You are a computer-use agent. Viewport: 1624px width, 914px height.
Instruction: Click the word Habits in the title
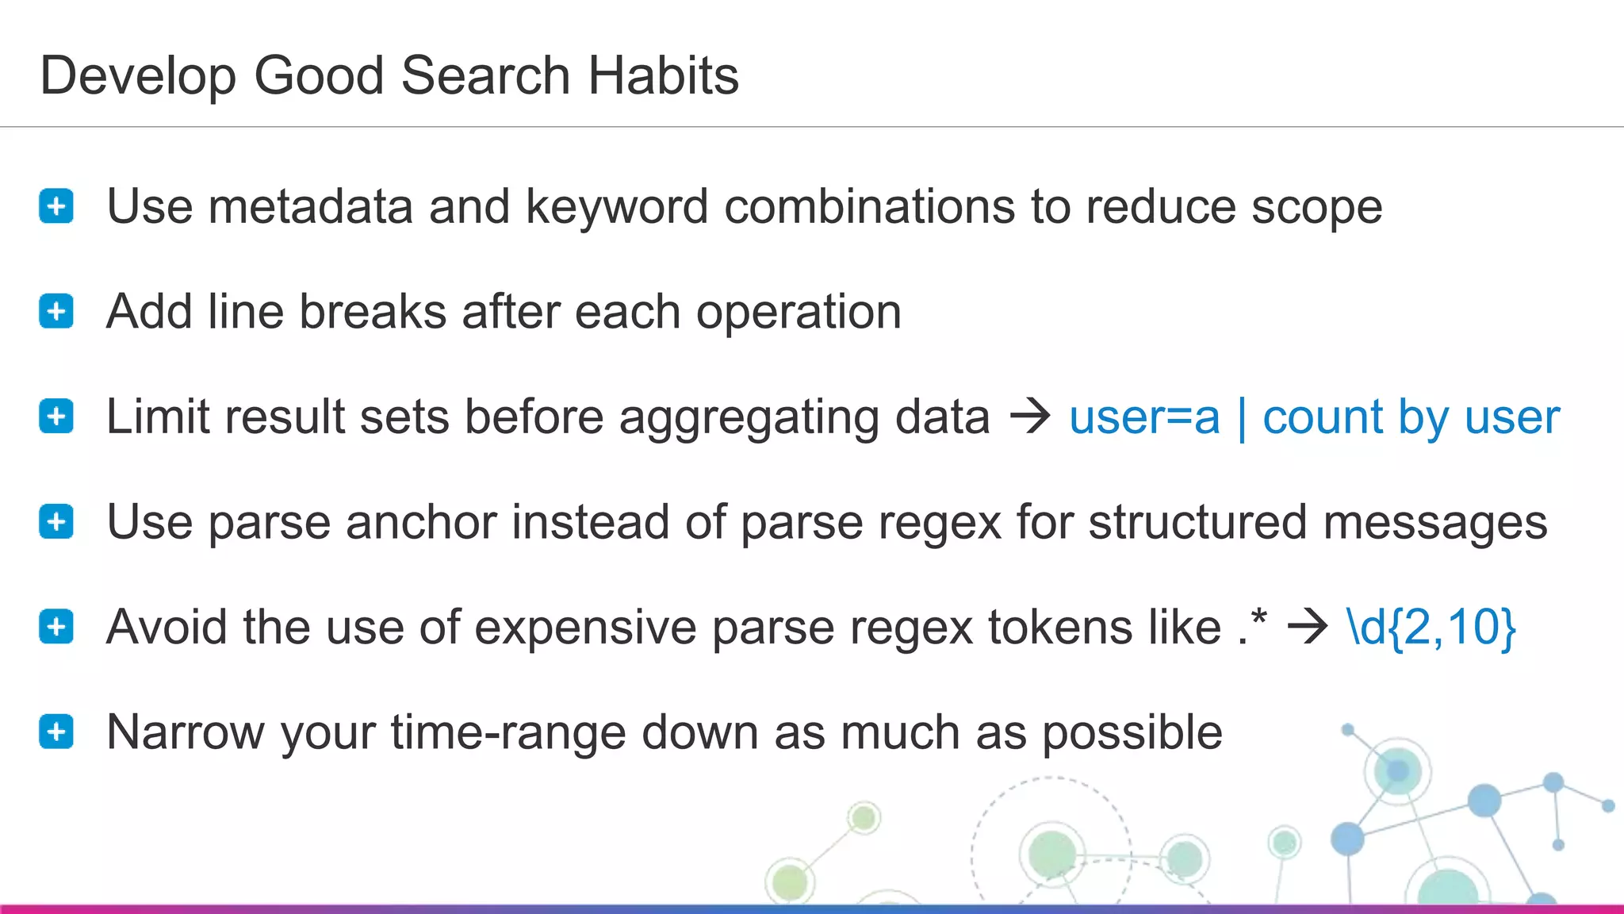[x=663, y=76]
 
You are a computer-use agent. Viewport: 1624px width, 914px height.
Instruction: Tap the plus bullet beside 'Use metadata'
[x=56, y=207]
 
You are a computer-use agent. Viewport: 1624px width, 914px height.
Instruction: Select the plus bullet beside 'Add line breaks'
[x=56, y=312]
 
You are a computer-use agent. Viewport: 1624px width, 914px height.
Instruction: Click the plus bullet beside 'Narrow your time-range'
[x=56, y=732]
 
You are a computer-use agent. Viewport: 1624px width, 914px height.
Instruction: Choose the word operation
[x=799, y=313]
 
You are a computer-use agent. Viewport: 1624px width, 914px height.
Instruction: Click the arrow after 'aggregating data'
[x=1029, y=417]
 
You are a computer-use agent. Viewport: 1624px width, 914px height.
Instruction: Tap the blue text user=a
[x=1144, y=417]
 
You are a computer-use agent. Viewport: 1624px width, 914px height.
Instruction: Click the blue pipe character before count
[x=1242, y=419]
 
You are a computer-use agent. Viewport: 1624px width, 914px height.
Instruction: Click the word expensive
[x=570, y=628]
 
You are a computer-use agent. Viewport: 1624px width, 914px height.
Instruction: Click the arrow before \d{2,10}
[x=1307, y=628]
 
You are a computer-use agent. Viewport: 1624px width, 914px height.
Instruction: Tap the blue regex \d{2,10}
[x=1431, y=628]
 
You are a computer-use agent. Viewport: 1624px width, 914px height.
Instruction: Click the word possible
[x=1132, y=732]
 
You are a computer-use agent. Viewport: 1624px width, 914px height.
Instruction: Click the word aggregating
[x=749, y=419]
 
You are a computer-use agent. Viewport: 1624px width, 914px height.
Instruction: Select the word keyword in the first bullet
[x=616, y=207]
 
